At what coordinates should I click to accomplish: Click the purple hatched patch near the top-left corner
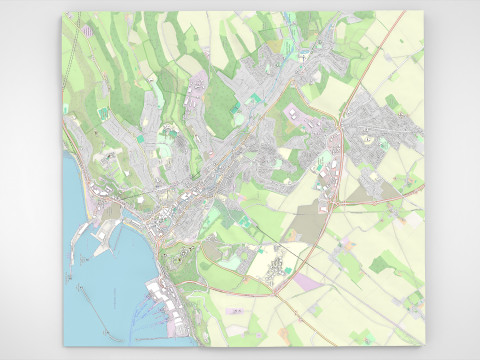coord(90,30)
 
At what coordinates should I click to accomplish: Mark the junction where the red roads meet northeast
coord(340,128)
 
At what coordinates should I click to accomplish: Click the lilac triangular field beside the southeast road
coord(310,284)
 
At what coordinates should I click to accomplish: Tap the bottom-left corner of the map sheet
coord(63,346)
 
